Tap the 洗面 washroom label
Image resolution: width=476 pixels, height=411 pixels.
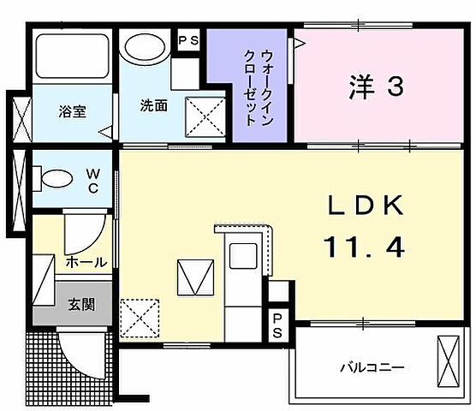pyautogui.click(x=153, y=106)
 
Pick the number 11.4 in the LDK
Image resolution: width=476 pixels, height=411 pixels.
pyautogui.click(x=363, y=247)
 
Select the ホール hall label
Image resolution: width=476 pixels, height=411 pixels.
pyautogui.click(x=86, y=262)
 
